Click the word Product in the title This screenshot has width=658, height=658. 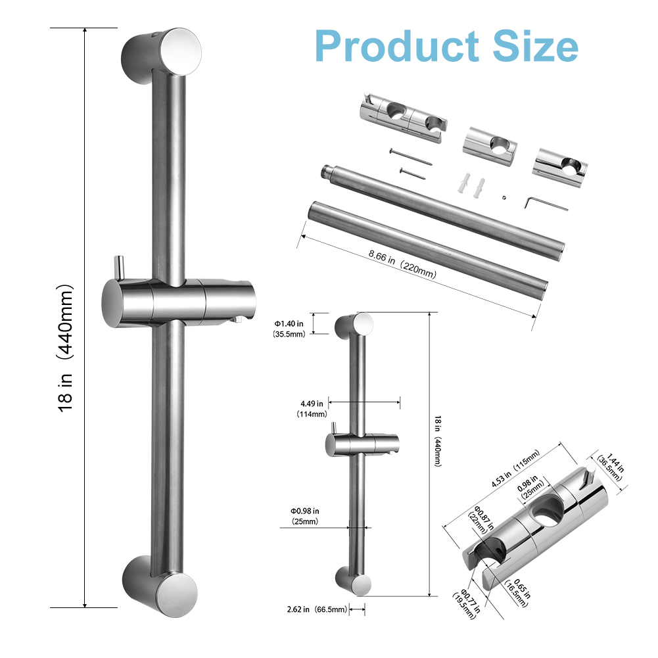tap(396, 46)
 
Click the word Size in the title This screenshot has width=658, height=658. tap(535, 46)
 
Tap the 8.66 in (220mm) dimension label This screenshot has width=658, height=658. tap(402, 264)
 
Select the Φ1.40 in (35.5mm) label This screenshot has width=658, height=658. tap(289, 329)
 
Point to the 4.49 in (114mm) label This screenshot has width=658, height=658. tap(312, 409)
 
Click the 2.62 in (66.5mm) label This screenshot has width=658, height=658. tap(317, 609)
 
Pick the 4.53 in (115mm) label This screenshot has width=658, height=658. tap(516, 468)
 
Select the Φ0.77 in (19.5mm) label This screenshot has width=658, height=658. tap(466, 603)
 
